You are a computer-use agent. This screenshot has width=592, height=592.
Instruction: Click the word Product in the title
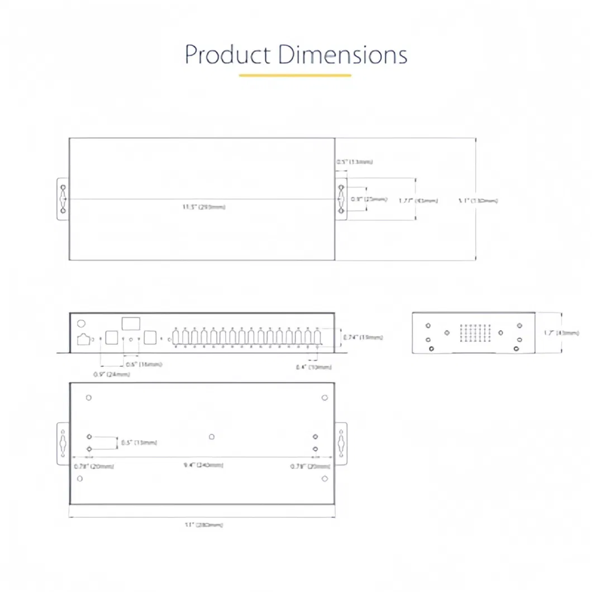click(228, 55)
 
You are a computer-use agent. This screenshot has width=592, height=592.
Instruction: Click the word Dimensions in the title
click(343, 55)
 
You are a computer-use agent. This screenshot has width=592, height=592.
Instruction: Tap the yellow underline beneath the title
click(295, 75)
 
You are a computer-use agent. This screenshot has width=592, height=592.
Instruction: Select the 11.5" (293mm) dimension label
click(204, 207)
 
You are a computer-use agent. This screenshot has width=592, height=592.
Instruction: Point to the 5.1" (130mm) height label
click(477, 200)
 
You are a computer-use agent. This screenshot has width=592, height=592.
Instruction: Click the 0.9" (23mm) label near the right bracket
click(369, 199)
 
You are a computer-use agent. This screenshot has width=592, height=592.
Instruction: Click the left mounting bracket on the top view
click(63, 199)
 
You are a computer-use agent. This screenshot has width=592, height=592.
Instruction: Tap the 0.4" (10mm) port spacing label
click(314, 367)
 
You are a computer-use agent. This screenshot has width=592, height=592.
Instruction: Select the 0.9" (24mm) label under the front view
click(112, 374)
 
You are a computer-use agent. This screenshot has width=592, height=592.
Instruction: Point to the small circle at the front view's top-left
click(81, 323)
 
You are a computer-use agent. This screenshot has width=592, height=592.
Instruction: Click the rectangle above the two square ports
click(131, 323)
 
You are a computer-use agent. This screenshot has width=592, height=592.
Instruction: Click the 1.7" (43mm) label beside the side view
click(561, 333)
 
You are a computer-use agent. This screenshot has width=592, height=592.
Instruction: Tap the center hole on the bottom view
click(212, 437)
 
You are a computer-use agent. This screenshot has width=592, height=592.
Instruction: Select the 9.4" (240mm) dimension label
click(204, 465)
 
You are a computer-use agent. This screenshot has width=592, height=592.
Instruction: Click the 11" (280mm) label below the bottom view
click(204, 525)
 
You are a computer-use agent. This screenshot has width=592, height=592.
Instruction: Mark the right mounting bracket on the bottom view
click(341, 443)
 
